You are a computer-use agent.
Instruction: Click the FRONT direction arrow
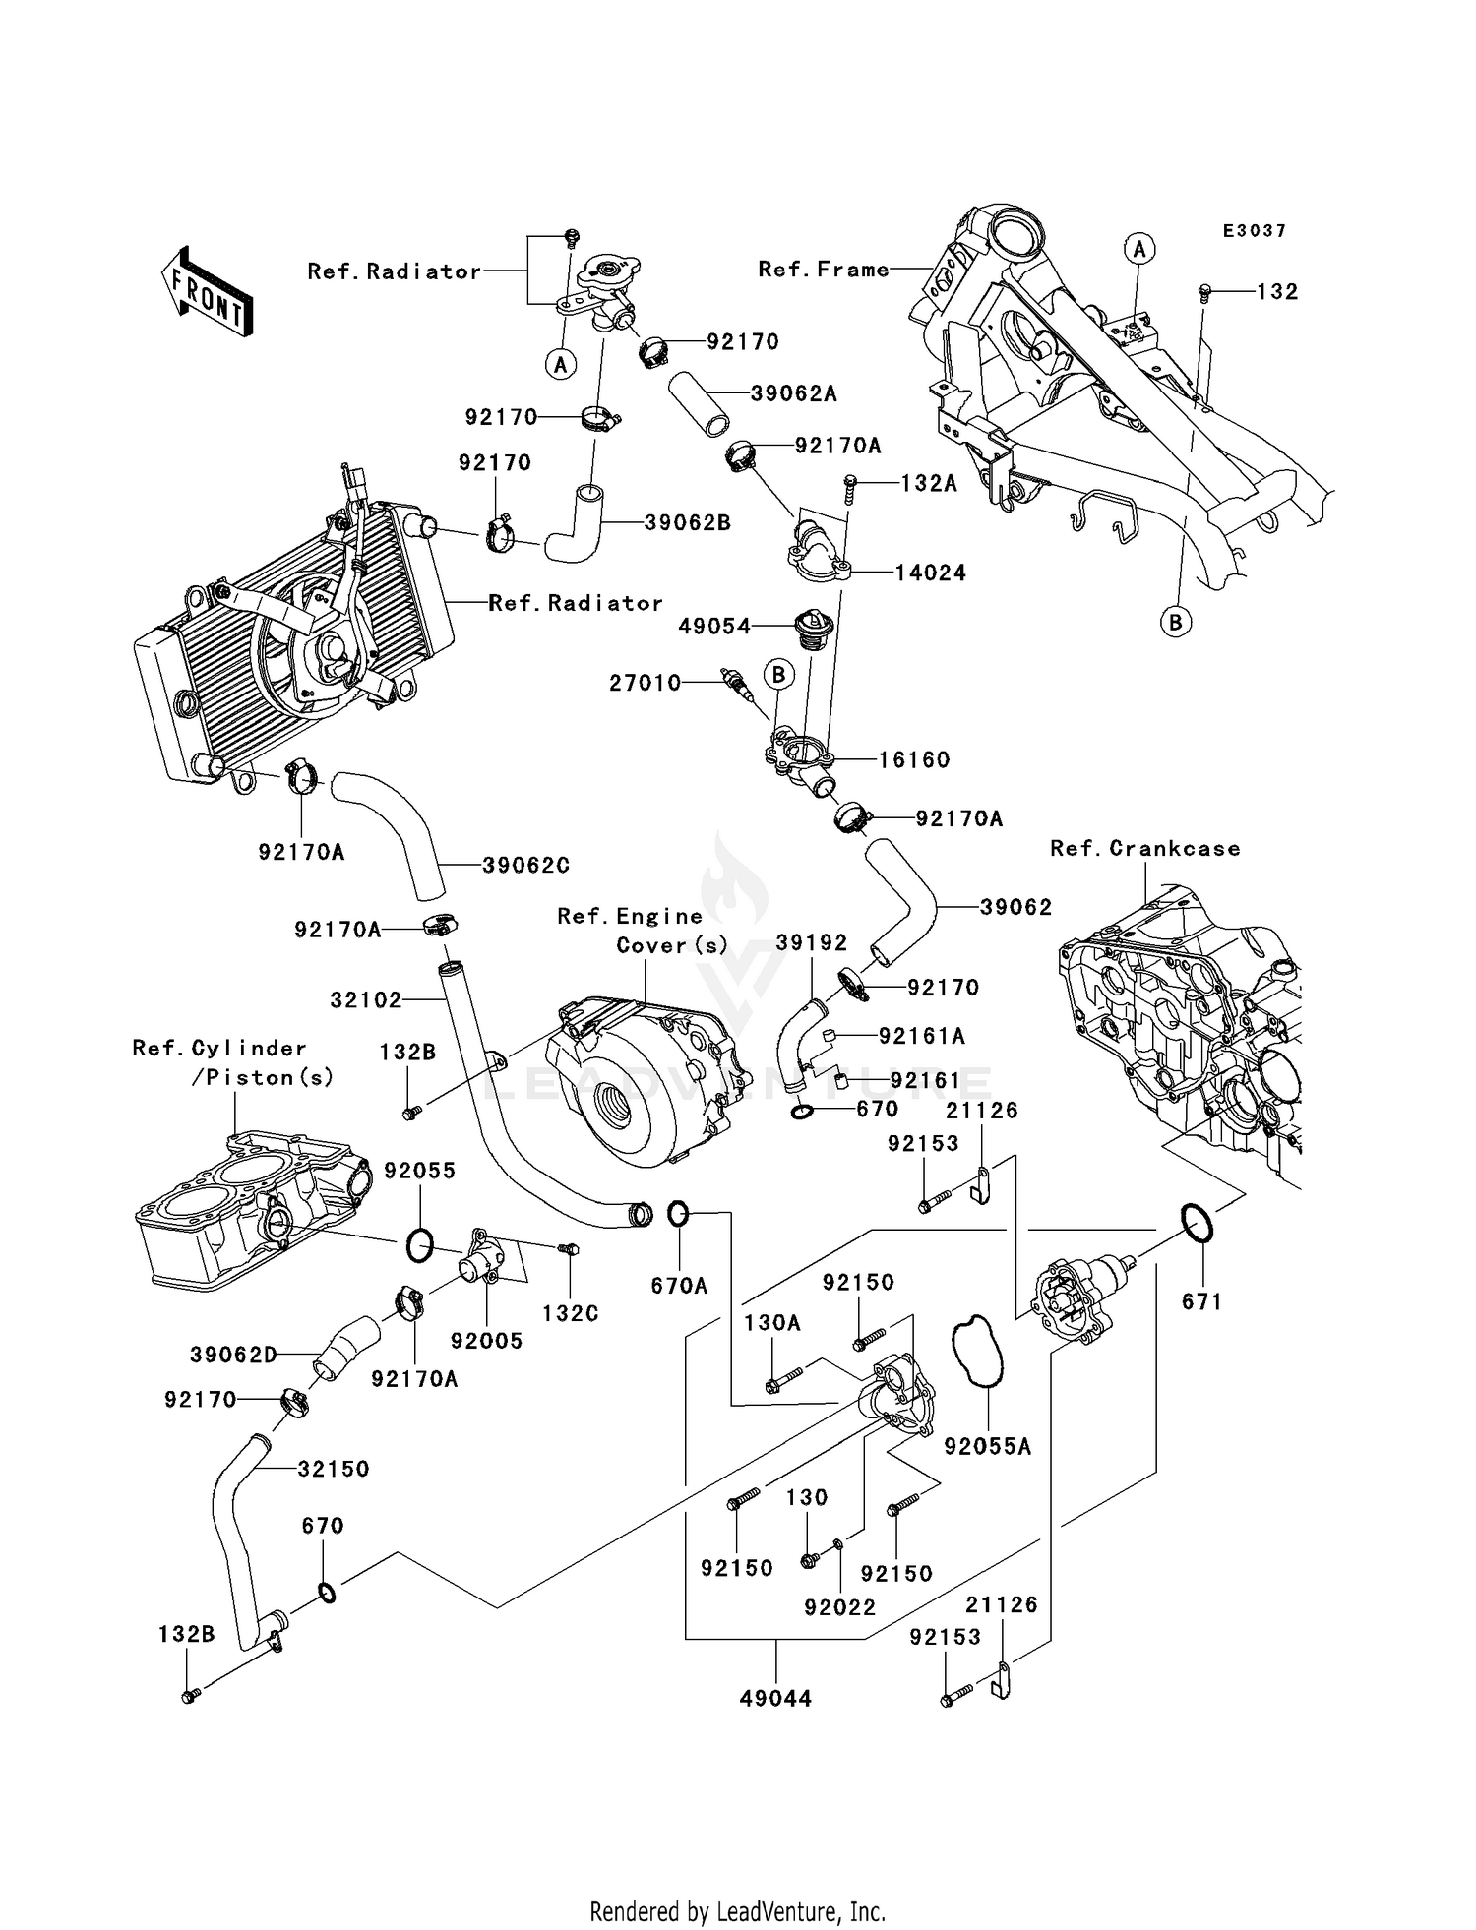pyautogui.click(x=207, y=293)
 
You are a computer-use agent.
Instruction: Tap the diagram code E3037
pyautogui.click(x=1255, y=231)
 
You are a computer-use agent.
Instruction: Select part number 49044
pyautogui.click(x=775, y=1698)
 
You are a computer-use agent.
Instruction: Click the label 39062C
pyautogui.click(x=526, y=866)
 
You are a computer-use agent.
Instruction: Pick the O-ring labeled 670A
pyautogui.click(x=678, y=1214)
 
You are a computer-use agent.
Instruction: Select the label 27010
pyautogui.click(x=645, y=683)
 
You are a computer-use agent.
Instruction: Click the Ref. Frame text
pyautogui.click(x=824, y=270)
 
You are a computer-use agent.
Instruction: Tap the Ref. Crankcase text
pyautogui.click(x=1145, y=848)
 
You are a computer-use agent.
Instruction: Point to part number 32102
pyautogui.click(x=366, y=1000)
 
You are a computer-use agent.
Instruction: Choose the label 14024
pyautogui.click(x=931, y=573)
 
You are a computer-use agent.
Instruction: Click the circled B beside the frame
pyautogui.click(x=1175, y=622)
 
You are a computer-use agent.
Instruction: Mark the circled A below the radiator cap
pyautogui.click(x=561, y=365)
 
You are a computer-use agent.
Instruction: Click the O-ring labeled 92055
pyautogui.click(x=418, y=1246)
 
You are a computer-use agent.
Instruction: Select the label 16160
pyautogui.click(x=914, y=759)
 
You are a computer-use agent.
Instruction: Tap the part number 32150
pyautogui.click(x=334, y=1469)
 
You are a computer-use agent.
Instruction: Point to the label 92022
pyautogui.click(x=839, y=1607)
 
